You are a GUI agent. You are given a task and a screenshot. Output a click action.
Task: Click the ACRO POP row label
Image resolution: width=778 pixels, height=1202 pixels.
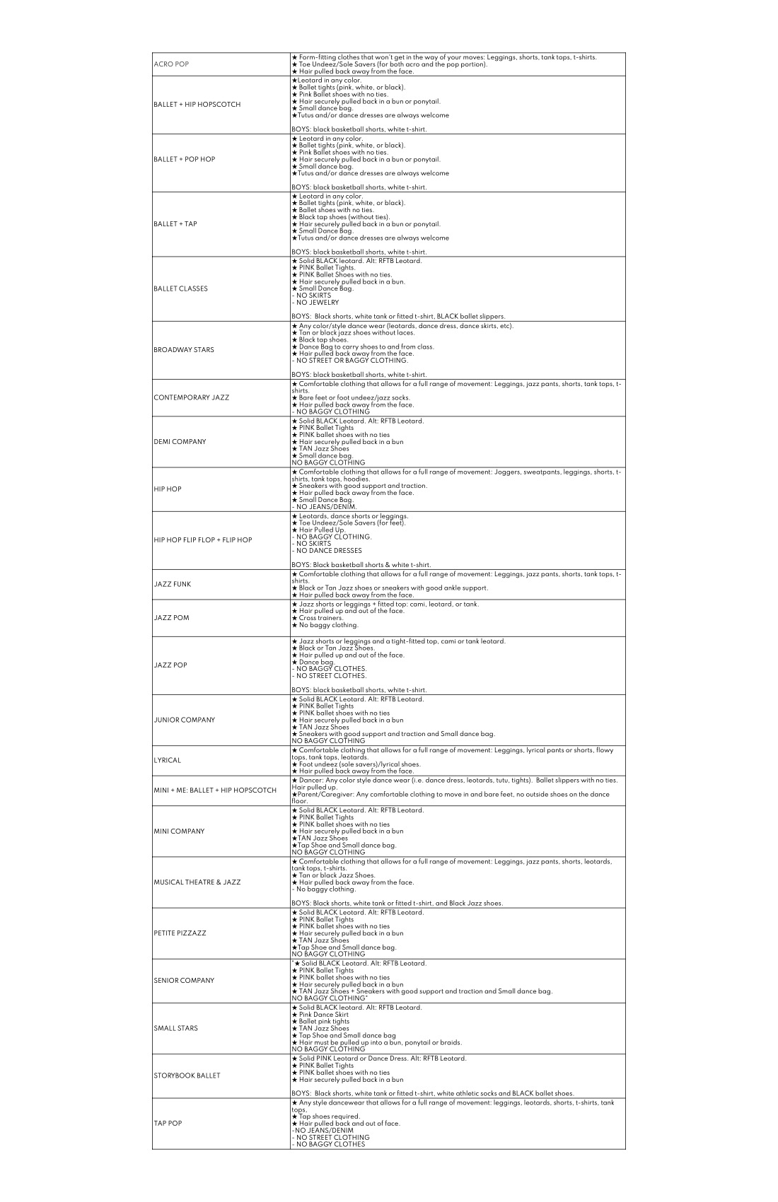(x=171, y=64)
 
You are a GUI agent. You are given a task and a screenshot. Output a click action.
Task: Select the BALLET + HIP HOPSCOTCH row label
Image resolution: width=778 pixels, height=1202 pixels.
(x=197, y=105)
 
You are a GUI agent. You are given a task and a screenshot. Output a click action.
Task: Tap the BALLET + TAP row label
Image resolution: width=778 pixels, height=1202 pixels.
(x=175, y=224)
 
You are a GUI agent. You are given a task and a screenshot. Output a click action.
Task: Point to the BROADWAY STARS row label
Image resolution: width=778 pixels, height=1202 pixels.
(x=184, y=350)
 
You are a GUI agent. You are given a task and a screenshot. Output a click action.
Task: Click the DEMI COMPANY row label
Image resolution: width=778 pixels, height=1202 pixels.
(x=180, y=442)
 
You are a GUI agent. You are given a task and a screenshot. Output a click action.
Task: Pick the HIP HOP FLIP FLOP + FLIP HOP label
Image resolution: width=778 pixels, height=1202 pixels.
(x=202, y=540)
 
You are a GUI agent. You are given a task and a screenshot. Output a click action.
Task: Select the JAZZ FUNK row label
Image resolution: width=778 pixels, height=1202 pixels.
(x=172, y=585)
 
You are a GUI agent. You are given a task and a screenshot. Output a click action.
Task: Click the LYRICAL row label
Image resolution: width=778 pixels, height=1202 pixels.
(x=167, y=761)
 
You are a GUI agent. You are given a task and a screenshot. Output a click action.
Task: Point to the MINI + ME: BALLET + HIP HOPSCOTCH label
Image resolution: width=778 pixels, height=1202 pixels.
(x=215, y=790)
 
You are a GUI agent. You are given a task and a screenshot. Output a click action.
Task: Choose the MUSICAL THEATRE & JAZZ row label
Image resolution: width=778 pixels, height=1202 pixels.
(x=197, y=882)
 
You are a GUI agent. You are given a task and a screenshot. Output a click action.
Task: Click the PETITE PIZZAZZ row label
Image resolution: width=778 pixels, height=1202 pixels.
(x=180, y=933)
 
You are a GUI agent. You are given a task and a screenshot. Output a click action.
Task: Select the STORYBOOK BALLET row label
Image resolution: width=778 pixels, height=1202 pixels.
(x=187, y=1075)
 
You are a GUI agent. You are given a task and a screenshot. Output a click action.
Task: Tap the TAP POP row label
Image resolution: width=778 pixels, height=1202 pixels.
(x=168, y=1123)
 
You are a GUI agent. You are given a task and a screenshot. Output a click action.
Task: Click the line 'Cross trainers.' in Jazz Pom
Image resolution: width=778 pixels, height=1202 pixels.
(x=318, y=618)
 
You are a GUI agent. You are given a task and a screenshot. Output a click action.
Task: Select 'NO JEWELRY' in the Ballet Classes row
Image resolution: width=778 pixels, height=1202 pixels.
(x=315, y=303)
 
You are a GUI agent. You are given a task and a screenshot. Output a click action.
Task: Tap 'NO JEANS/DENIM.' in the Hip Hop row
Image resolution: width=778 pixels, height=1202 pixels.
(x=325, y=507)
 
